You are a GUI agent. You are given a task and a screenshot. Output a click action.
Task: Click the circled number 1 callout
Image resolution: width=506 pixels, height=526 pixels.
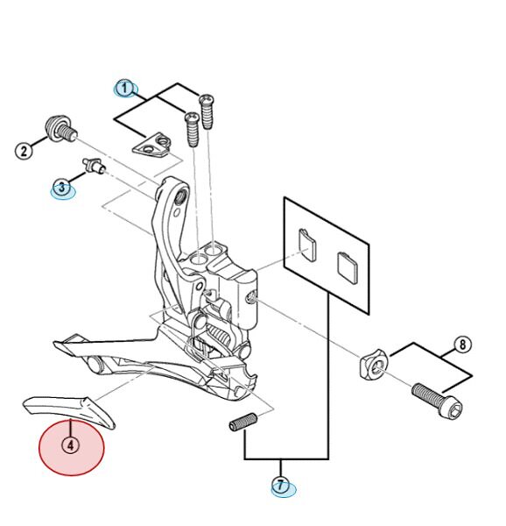[124, 89]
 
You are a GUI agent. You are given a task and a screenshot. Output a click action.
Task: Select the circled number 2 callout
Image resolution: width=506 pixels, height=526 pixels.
[24, 151]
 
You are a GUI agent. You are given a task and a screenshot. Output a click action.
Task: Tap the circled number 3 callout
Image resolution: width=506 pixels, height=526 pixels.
[61, 188]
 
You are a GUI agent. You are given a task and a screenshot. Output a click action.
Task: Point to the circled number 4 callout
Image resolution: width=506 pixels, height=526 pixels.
[70, 445]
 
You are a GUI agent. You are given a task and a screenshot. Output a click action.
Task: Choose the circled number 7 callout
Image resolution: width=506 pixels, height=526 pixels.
[280, 485]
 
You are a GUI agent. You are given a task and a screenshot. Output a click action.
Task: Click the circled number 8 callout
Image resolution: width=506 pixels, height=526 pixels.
[462, 345]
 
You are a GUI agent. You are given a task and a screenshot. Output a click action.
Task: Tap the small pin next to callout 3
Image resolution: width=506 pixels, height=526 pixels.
[94, 165]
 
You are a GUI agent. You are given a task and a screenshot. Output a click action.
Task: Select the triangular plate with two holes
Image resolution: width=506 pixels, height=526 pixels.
[152, 145]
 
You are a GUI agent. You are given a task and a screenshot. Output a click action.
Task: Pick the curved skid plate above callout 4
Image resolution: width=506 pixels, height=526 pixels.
[69, 410]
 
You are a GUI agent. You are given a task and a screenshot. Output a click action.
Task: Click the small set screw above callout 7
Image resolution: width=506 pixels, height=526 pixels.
[243, 422]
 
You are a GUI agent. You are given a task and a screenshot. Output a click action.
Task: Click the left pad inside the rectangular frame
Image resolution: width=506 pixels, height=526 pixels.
[307, 245]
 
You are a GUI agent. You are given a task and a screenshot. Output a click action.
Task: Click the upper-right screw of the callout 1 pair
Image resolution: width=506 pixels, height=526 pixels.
[207, 111]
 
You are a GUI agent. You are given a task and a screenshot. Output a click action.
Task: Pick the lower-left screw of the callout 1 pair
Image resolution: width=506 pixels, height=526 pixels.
[193, 130]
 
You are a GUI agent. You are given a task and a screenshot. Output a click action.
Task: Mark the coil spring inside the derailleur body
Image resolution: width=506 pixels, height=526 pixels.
[221, 335]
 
